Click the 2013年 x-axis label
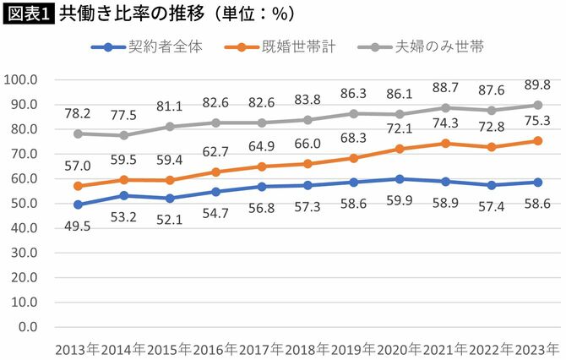(78, 348)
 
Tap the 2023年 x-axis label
(536, 348)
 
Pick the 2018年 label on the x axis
(307, 348)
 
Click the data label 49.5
(79, 222)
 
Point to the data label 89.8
(537, 85)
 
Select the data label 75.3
(537, 121)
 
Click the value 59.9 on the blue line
(400, 199)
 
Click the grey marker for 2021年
(445, 107)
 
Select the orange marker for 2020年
(400, 149)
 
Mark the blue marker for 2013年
(79, 205)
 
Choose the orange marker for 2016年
(216, 172)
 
